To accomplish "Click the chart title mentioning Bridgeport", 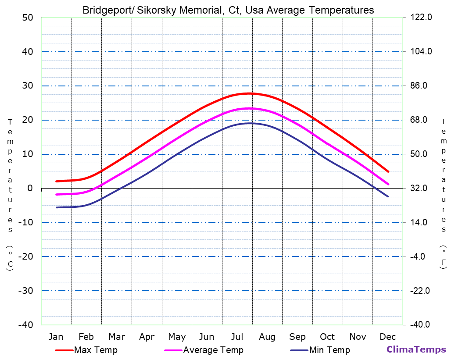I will (x=228, y=10).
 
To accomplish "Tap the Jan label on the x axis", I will (x=56, y=337).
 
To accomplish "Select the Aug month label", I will (x=267, y=337).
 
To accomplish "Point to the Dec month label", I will (x=388, y=337).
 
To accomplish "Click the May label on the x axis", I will (x=177, y=337).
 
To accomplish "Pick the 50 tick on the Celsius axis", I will (x=27, y=18).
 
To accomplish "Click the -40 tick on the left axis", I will (x=25, y=325).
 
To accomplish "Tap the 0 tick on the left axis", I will (x=30, y=188).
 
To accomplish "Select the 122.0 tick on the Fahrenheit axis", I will (x=421, y=18).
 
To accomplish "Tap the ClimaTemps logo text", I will (x=416, y=349).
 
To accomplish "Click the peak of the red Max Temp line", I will (x=249, y=93).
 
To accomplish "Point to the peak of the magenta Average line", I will (x=249, y=108).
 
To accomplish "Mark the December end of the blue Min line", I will (x=388, y=196).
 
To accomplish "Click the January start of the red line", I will (x=56, y=181).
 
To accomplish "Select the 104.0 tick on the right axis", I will (x=421, y=52).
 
